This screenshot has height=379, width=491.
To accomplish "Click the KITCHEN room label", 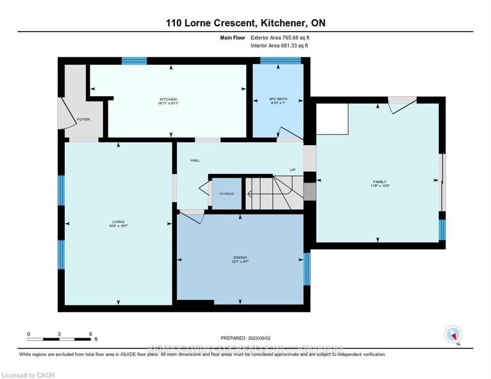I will pos(168,99).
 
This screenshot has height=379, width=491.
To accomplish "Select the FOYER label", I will pos(82,119).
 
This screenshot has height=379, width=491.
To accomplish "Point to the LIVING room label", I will pos(118,222).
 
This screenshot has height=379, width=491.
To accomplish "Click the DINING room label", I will pos(240,258).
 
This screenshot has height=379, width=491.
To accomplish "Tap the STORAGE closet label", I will pos(227,193).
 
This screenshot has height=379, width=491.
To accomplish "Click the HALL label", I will pos(195,160).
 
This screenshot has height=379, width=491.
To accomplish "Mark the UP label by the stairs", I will pos(292,170).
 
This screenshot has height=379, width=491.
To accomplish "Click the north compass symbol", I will pos(453,334).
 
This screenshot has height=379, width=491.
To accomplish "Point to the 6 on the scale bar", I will pos(90,334).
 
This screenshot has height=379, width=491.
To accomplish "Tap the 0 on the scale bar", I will pos(29,334).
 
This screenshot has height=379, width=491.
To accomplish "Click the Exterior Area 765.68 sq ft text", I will pos(280,38).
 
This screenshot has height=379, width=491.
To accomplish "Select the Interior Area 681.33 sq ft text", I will pos(280,46).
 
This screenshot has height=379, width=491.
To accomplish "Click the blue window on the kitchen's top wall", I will pos(134,61).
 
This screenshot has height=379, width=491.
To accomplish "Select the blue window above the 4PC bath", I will pos(281,61).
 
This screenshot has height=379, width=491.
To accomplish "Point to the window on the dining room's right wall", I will pos(307,269).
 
